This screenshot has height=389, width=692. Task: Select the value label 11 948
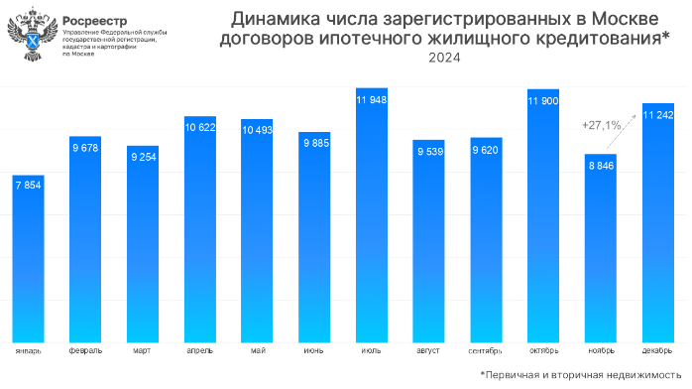click(x=372, y=100)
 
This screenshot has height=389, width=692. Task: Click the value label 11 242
click(x=658, y=116)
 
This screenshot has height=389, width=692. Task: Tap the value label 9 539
click(x=429, y=152)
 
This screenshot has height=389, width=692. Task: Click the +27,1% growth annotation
click(x=602, y=125)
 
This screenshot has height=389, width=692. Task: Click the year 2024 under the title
click(x=443, y=58)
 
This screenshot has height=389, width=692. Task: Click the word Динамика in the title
click(x=269, y=18)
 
